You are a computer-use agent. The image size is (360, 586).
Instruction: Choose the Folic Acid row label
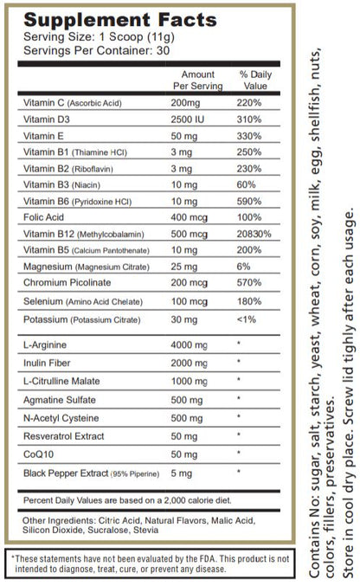[43, 217]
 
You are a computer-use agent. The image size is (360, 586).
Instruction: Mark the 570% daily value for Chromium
[251, 283]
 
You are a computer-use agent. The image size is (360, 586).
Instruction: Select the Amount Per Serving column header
[198, 80]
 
